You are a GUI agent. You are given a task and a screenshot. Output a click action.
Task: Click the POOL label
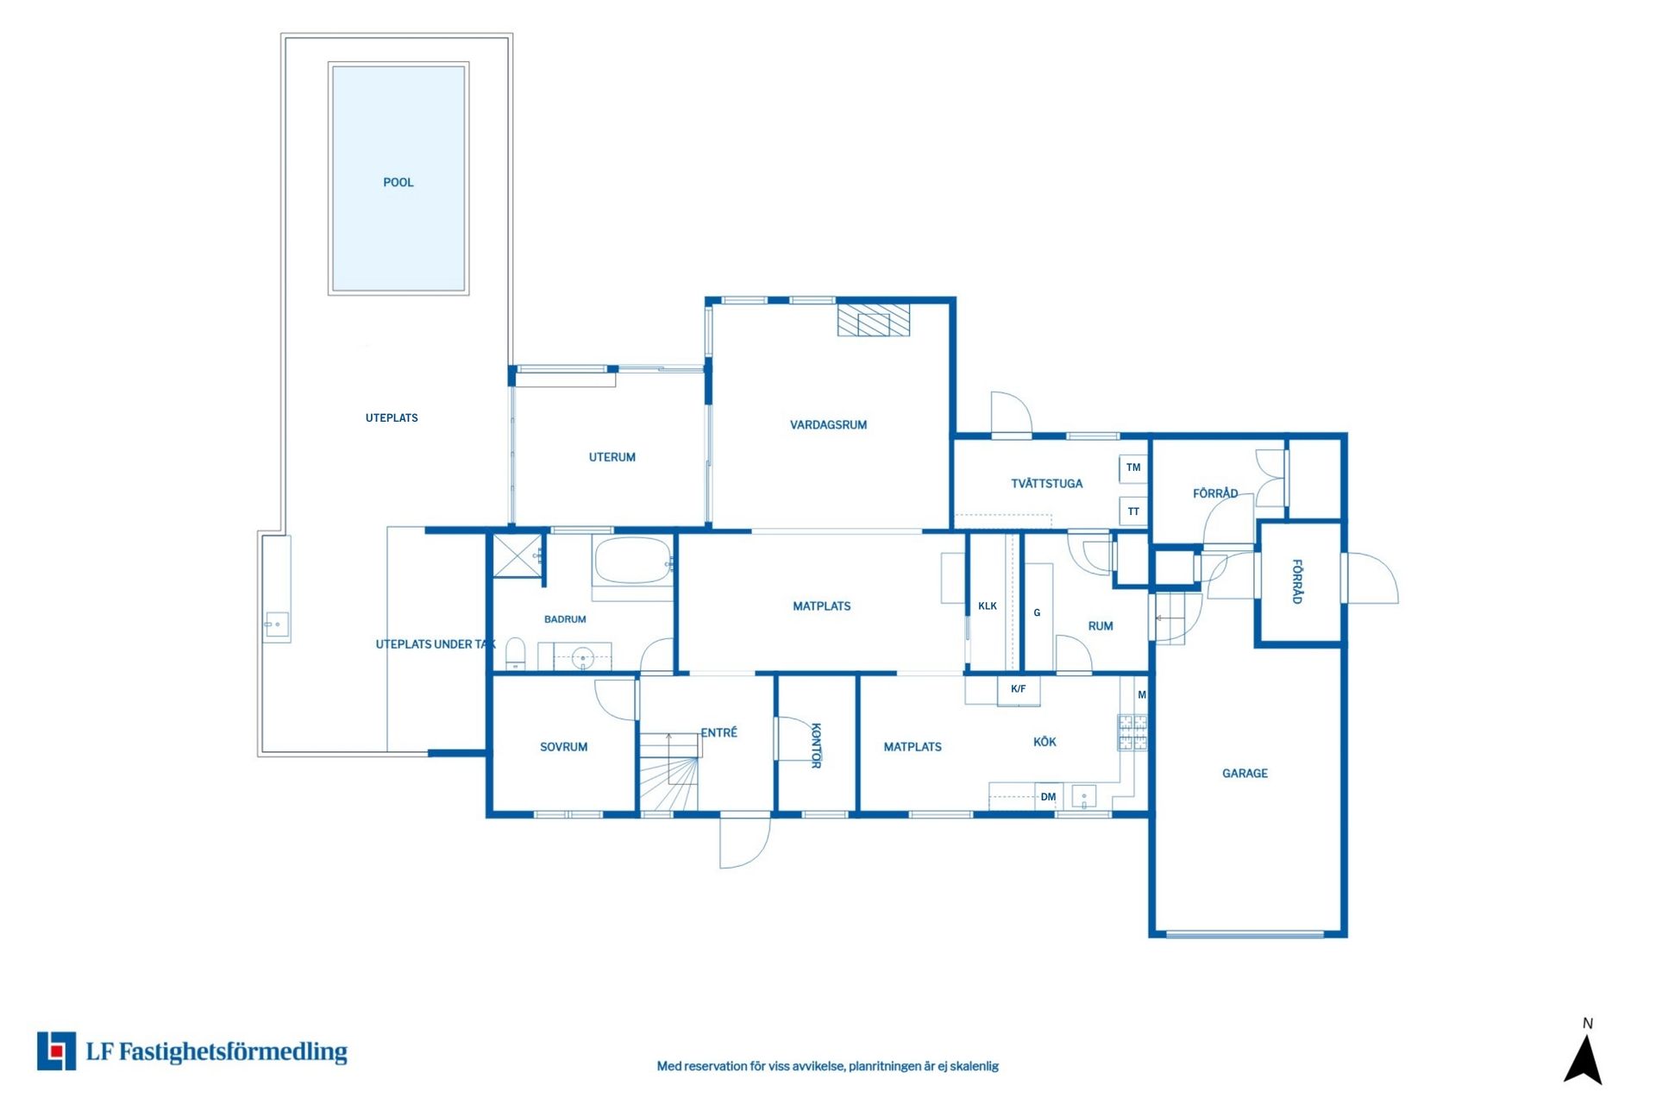coord(398,182)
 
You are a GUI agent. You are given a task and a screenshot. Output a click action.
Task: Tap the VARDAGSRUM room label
coord(828,424)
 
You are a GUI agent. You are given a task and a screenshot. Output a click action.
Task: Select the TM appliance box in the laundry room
coord(1133,467)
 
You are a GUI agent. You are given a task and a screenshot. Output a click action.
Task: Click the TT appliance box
coord(1133,511)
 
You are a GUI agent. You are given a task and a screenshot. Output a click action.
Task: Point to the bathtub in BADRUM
coord(633,561)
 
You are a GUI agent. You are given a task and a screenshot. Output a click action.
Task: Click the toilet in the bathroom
coord(515,654)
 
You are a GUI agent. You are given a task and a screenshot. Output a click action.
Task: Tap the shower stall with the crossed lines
coord(517,555)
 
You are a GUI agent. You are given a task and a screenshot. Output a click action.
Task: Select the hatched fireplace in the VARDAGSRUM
coord(874,319)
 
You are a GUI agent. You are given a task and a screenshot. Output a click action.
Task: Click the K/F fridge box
coord(1019,690)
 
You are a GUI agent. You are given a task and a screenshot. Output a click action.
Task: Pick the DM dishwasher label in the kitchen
coord(1048,797)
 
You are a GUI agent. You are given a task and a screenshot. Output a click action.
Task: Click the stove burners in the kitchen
coord(1132,732)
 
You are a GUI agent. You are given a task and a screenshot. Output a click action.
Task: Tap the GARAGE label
coord(1245,774)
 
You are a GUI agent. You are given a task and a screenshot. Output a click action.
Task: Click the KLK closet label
coord(988,606)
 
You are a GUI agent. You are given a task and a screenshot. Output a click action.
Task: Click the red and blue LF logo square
coord(56,1051)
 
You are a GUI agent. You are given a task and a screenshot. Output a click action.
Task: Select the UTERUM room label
coord(612,457)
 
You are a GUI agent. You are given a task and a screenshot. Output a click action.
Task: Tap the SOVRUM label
coord(564,747)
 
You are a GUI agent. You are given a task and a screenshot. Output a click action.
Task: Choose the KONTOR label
coord(816,745)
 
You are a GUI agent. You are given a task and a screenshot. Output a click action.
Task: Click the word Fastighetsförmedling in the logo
coord(233,1052)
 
